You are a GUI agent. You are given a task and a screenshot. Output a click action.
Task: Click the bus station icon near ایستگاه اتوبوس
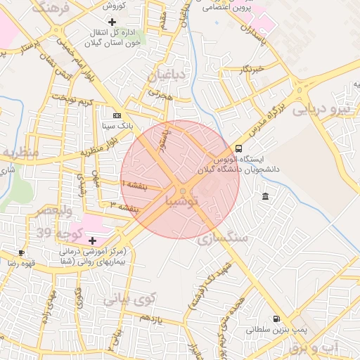(238, 148)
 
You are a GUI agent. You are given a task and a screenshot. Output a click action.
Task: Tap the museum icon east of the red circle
(264, 196)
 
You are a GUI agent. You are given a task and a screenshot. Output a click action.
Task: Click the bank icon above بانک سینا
(117, 115)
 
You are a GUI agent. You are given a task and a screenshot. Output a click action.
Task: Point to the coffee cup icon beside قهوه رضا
(22, 252)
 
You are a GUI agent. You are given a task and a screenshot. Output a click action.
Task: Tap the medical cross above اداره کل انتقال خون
(112, 22)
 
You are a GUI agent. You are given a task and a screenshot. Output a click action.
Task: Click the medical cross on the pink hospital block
(91, 240)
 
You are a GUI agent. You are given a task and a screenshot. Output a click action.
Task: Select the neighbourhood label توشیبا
(182, 201)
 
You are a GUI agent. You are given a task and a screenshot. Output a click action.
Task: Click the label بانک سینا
(117, 127)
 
